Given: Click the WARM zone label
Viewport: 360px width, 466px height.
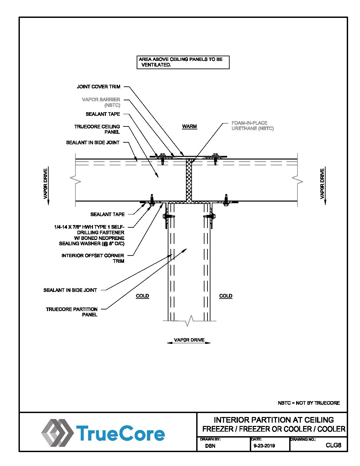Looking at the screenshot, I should click(x=189, y=126).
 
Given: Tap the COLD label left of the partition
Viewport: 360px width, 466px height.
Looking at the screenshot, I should click(x=142, y=296).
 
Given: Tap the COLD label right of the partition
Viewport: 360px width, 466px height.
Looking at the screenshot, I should click(x=226, y=296).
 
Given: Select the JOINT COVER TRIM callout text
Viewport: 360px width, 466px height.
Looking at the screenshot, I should click(x=99, y=87).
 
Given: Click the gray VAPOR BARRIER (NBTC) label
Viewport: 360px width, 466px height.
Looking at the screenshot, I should click(x=101, y=102).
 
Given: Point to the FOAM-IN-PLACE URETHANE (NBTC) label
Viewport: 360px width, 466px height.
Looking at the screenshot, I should click(x=252, y=126).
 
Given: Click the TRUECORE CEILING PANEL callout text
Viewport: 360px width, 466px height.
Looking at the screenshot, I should click(x=97, y=129).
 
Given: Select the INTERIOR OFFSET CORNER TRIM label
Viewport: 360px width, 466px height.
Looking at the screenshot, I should click(x=93, y=258).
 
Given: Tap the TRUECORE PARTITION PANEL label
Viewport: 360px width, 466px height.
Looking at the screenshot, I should click(x=72, y=312).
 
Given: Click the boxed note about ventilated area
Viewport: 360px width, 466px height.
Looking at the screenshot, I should click(x=183, y=62).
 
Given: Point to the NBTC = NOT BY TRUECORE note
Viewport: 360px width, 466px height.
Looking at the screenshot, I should click(x=309, y=403).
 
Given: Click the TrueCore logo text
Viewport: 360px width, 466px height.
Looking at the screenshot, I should click(x=120, y=434).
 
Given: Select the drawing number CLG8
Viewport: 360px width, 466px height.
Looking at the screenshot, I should click(x=333, y=445).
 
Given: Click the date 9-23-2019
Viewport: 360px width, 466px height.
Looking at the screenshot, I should click(x=264, y=446).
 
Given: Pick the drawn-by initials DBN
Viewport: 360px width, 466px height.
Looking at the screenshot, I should click(x=210, y=446).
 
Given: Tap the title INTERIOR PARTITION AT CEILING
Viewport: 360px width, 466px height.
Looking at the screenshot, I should click(x=274, y=420).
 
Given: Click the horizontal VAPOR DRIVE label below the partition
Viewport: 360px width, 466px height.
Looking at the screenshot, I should click(x=189, y=340).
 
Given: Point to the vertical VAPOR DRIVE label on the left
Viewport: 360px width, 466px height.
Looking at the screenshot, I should click(x=46, y=184).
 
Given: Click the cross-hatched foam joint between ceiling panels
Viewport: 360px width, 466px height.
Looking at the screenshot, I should click(x=189, y=180).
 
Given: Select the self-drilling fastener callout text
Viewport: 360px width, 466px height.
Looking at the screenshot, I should click(x=90, y=235).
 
